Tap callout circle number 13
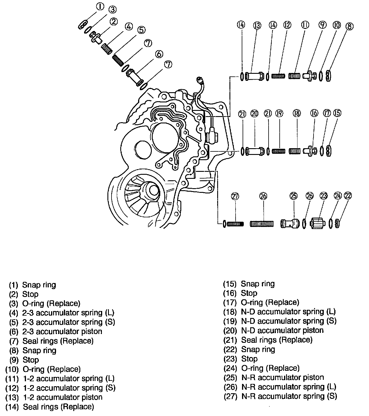click(257, 25)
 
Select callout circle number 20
click(255, 113)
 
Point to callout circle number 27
click(235, 196)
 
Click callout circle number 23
click(324, 196)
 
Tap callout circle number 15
click(337, 113)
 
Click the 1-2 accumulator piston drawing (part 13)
click(253, 76)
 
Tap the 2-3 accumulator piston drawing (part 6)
click(134, 76)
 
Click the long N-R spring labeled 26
click(262, 224)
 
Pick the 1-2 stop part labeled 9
click(309, 75)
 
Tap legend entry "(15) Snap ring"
click(249, 284)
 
